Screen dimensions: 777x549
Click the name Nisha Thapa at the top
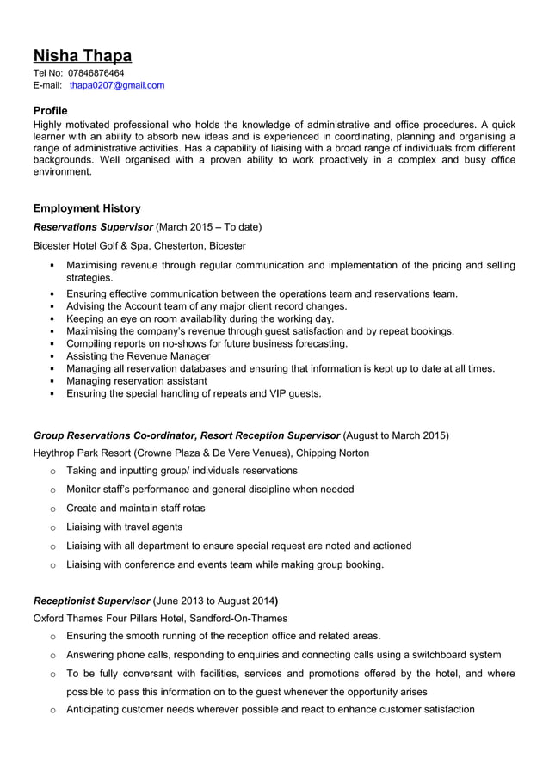click(82, 56)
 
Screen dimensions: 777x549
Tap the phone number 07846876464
click(96, 73)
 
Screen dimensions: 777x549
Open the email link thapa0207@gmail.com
click(117, 85)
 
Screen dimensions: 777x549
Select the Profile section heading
click(50, 110)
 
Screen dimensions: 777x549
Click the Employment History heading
click(86, 208)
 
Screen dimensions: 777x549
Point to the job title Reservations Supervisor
click(92, 227)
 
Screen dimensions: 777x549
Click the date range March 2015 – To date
click(210, 227)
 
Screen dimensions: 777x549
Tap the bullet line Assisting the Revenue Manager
click(138, 356)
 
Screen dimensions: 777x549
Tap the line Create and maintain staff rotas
click(135, 508)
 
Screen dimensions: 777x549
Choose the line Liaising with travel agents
click(124, 527)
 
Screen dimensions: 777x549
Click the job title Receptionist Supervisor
click(90, 600)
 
